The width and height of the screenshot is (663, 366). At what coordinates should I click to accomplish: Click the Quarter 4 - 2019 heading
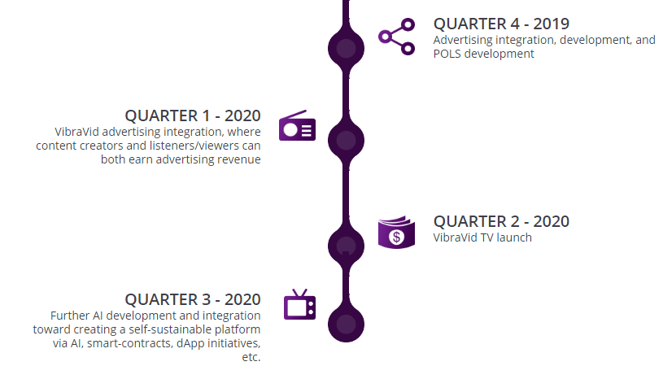coord(501,24)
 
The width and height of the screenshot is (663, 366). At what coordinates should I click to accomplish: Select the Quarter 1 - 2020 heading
coord(192,115)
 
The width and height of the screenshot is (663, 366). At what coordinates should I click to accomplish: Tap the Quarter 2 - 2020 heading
coord(501,221)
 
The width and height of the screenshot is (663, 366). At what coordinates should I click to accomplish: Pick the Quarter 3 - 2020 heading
coord(192,299)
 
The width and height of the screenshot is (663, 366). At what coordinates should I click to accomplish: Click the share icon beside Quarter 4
coord(396,37)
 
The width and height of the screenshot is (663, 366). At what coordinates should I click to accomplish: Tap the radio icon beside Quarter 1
coord(297,125)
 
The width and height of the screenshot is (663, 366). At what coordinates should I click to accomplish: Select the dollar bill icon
coord(396,232)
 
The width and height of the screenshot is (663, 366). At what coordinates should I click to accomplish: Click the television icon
coord(299,304)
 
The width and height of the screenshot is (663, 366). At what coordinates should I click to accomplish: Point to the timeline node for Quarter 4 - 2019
coord(346,48)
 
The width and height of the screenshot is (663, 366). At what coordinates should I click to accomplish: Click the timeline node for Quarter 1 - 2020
coord(346,141)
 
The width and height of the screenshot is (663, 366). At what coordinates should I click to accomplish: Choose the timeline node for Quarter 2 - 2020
coord(346,246)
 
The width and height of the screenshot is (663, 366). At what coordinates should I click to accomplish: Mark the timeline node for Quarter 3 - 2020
coord(346,325)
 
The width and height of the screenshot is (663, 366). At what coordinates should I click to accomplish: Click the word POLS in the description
coord(447,54)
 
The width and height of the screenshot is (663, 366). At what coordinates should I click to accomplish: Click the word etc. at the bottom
coord(251,358)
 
